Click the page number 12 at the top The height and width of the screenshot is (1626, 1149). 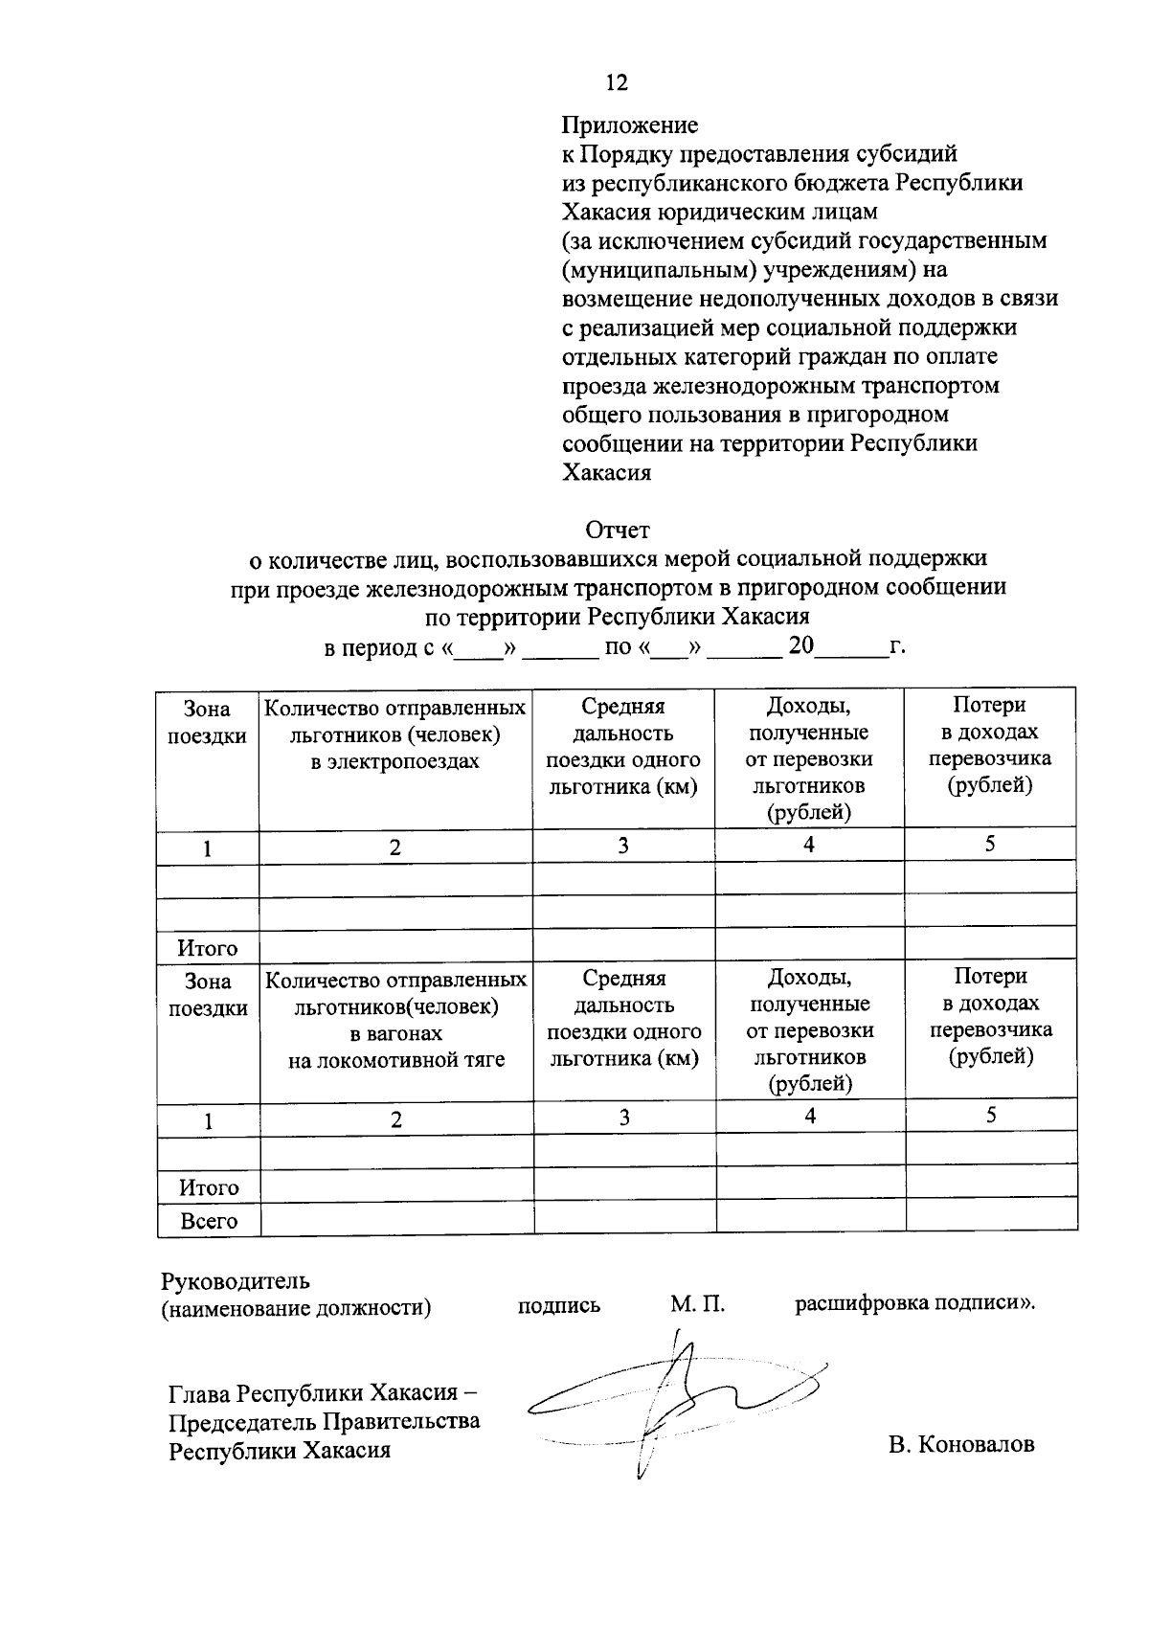click(x=617, y=83)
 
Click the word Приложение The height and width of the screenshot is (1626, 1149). click(x=629, y=125)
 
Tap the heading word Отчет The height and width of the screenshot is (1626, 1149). click(x=618, y=530)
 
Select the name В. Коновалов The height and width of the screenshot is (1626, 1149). click(x=960, y=1444)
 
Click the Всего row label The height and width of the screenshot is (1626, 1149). click(x=209, y=1221)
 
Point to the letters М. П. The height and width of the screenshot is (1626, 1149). click(x=697, y=1304)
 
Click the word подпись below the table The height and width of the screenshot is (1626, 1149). click(x=559, y=1305)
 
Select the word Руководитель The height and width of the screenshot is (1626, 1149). click(x=236, y=1280)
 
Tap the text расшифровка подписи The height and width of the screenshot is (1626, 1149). click(x=914, y=1303)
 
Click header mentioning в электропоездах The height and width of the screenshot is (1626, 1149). click(x=394, y=734)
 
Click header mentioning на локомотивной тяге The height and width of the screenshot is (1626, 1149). click(x=395, y=1020)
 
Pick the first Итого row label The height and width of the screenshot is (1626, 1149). click(x=208, y=948)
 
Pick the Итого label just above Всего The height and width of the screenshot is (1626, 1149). click(x=209, y=1187)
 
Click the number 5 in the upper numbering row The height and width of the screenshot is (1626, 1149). click(x=990, y=844)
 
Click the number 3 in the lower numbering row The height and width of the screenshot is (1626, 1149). click(x=624, y=1118)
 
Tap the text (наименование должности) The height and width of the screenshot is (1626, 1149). click(x=296, y=1307)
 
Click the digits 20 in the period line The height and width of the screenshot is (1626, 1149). click(x=800, y=645)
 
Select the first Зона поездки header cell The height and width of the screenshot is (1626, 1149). click(x=208, y=722)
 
